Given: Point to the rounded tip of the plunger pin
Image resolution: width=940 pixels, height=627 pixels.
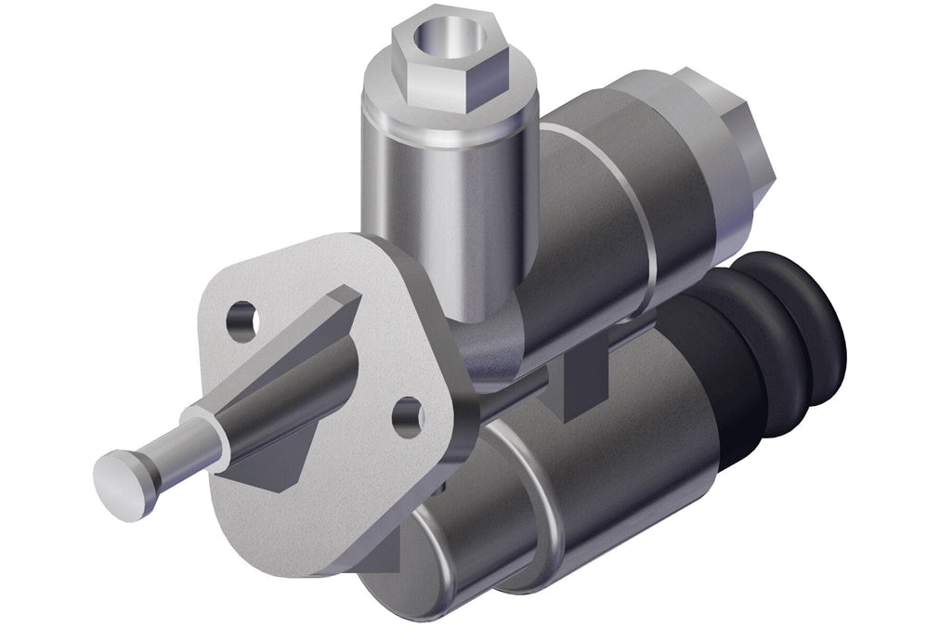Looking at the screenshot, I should (x=120, y=483).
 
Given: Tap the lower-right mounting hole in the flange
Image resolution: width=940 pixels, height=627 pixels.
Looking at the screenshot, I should (x=407, y=417).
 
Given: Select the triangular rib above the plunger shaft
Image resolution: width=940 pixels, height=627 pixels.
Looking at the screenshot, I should (x=325, y=325).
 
